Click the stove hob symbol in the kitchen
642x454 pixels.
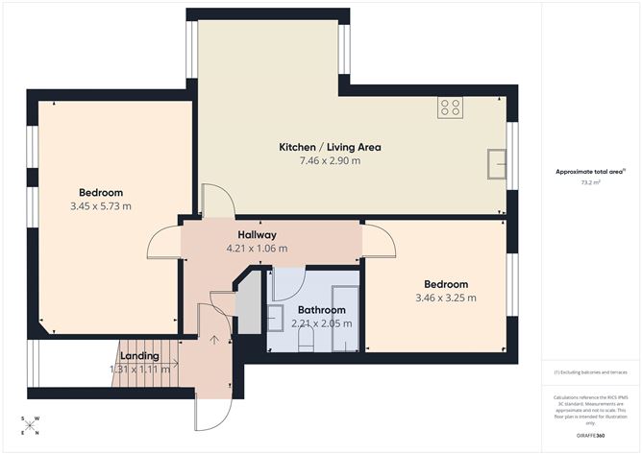450,108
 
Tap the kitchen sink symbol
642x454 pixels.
497,163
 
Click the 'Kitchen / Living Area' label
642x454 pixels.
330,147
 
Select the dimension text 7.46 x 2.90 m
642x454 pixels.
330,161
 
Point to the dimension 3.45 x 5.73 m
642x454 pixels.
100,205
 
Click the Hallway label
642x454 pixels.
257,235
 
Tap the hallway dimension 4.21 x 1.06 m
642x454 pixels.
257,249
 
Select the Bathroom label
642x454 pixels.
321,310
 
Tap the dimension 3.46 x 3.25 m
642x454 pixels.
446,298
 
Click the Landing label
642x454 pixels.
139,356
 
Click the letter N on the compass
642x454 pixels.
37,433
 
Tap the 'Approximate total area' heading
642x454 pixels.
588,171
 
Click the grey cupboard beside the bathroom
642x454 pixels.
248,305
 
